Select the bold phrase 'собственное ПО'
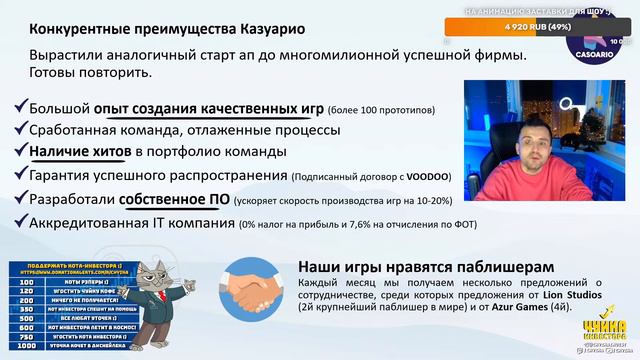(x=179, y=198)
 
